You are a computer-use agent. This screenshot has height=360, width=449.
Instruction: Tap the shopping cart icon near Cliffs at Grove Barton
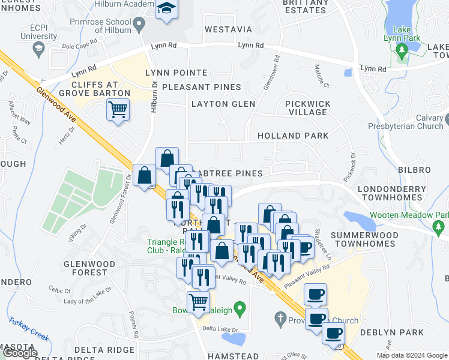(x=118, y=109)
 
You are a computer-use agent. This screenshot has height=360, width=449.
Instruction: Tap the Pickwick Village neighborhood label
(x=308, y=108)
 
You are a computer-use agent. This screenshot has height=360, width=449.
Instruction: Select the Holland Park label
(x=293, y=136)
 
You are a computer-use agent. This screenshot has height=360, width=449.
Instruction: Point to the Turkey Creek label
(x=28, y=328)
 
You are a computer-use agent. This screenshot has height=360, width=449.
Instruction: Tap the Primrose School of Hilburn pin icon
(x=140, y=25)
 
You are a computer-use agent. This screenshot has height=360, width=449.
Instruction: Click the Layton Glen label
(x=223, y=104)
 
